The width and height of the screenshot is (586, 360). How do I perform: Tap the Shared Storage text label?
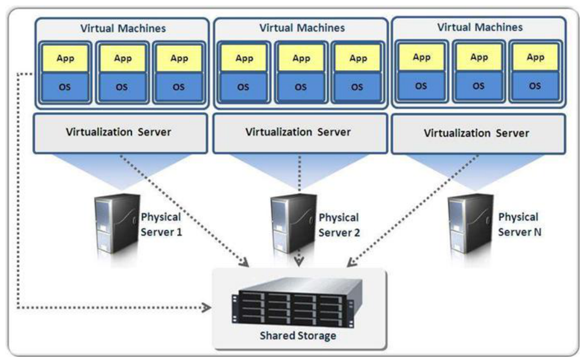[x=298, y=336]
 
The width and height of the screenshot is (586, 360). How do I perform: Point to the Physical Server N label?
[x=518, y=225]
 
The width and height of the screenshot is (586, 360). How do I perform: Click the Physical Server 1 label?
[x=162, y=225]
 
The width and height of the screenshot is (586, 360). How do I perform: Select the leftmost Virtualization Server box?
[x=120, y=131]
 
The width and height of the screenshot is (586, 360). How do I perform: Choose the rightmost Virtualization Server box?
[x=477, y=132]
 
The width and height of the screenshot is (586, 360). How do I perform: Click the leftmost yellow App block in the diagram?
[x=65, y=59]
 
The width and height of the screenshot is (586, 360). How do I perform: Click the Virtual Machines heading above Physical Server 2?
[x=302, y=27]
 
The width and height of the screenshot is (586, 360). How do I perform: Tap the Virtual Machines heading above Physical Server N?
[x=480, y=27]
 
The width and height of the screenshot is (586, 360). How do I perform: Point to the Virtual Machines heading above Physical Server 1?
[x=123, y=27]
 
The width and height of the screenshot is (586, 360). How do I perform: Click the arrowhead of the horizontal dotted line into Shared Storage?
[x=207, y=308]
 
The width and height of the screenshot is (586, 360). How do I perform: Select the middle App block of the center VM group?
[x=301, y=59]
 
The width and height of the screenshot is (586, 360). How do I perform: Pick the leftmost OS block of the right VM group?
[x=422, y=85]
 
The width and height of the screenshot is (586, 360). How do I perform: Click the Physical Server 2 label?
[x=339, y=225]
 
